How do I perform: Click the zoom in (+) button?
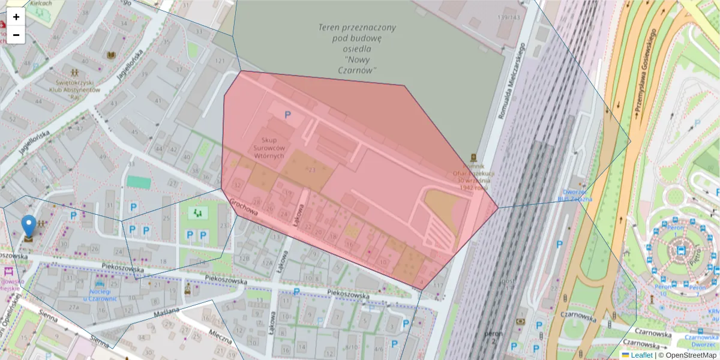pos(16,17)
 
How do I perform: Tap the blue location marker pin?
pos(28,226)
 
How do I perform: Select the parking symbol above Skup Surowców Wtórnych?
pos(287,114)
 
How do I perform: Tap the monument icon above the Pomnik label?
pos(474,157)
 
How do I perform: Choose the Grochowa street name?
pos(244,208)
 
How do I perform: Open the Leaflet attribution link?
pos(641,355)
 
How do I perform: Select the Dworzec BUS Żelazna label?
pos(574,195)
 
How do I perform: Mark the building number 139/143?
pos(508,17)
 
